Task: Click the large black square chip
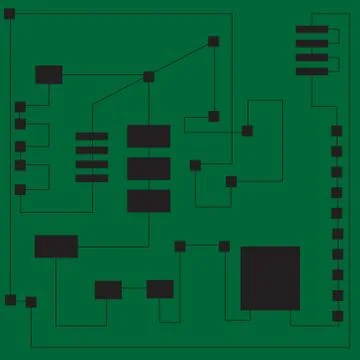point(270,277)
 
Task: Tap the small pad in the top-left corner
point(9,14)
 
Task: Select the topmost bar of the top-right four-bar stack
point(312,30)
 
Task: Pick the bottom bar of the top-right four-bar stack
point(312,71)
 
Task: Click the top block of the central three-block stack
point(148,136)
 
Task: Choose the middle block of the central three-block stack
point(148,168)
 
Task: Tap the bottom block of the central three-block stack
point(148,200)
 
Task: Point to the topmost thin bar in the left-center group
point(92,136)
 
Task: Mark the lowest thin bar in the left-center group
point(92,178)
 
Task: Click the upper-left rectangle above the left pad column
point(48,74)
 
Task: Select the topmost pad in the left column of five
point(20,106)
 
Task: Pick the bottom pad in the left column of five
point(20,189)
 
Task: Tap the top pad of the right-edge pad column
point(337,130)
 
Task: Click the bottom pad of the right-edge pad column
point(337,316)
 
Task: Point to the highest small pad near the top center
point(213,42)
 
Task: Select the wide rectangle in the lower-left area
point(56,246)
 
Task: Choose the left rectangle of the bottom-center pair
point(108,290)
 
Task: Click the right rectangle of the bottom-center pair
point(160,289)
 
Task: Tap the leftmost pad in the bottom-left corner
point(10,300)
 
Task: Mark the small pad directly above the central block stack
point(149,77)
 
